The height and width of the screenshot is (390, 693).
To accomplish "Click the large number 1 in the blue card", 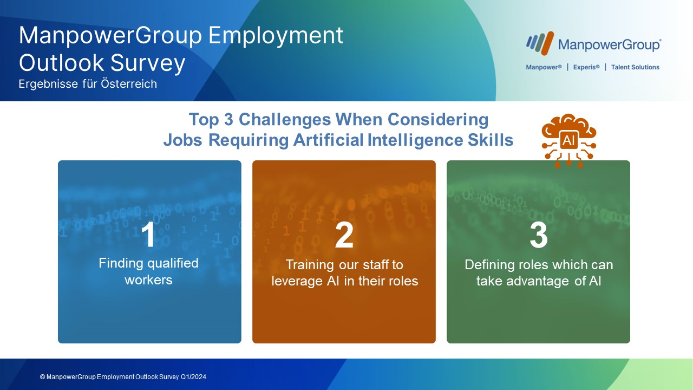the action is (148, 235).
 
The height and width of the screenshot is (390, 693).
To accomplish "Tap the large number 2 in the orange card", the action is (344, 235).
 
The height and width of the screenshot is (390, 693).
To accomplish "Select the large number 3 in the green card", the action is (539, 235).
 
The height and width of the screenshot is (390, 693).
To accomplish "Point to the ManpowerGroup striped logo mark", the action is (540, 43).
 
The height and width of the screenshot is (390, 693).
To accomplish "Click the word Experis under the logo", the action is (586, 67).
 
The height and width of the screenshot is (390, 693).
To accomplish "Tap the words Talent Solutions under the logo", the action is (635, 67).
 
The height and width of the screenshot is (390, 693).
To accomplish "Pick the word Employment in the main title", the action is (276, 36).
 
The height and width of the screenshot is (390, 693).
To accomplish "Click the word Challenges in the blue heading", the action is (285, 120).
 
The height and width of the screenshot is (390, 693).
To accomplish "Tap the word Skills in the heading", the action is (491, 140).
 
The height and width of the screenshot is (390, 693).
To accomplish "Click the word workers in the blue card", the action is (148, 280).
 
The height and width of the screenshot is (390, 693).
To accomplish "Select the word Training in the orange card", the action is (310, 265).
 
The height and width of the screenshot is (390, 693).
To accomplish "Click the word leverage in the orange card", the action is (297, 282).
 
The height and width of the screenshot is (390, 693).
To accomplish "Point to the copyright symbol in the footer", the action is (42, 377).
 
